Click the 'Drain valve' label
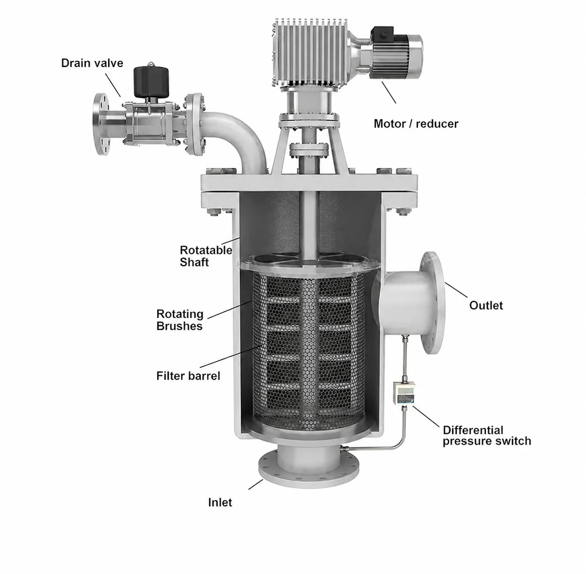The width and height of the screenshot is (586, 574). point(92,63)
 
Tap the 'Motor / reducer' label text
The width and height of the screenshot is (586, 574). point(416,123)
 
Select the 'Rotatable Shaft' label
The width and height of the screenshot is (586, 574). point(206,256)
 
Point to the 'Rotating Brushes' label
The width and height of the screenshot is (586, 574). point(180,320)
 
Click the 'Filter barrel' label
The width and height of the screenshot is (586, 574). point(188,376)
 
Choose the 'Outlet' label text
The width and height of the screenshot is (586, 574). point(486,305)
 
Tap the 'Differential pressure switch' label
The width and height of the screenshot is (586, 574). point(487,436)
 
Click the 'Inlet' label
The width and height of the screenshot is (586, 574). point(220,502)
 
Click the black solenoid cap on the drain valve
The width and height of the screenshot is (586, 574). point(151,81)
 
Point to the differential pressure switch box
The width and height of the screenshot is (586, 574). point(404,393)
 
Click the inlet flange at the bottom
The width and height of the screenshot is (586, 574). point(308,469)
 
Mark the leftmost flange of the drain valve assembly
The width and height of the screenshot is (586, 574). point(101,124)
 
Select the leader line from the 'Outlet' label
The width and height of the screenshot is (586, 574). point(456,290)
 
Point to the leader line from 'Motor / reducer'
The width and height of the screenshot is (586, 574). point(389,93)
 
